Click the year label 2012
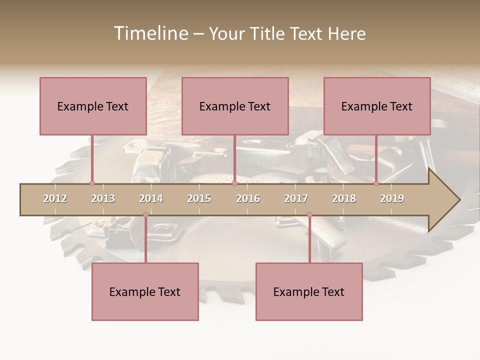coord(55,198)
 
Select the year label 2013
coord(103,198)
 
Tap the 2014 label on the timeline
coord(151,198)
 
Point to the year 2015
coord(199,198)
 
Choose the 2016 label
coord(248,198)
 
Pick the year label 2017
coord(296,198)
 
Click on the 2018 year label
coord(344,198)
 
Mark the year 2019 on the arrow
coord(392,198)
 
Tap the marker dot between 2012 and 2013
coord(92,183)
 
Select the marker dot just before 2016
coord(234,183)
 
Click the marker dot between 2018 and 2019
coord(376,183)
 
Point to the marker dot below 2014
coord(145,214)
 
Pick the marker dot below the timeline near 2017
coord(309,214)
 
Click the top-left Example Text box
coord(93,106)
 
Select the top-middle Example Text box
coord(235,106)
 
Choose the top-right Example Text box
coord(377,106)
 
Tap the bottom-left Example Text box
coord(145,291)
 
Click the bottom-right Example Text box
coord(309,291)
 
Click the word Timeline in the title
coord(150,33)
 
